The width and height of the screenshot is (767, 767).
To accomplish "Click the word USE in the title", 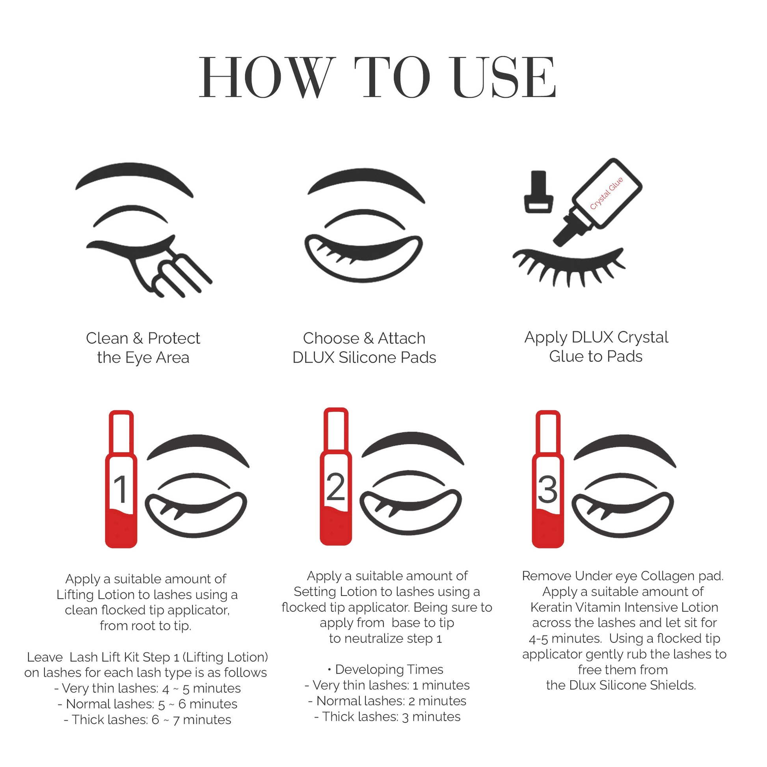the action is [504, 77].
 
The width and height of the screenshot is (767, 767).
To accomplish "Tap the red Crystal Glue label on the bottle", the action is [606, 194].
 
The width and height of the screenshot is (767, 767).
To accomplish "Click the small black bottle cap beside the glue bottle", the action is [538, 192].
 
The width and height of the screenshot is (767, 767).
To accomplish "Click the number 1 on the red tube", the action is [120, 489].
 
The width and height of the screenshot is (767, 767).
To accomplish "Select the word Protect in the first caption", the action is [174, 339].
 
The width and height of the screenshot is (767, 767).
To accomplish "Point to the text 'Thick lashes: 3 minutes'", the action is [387, 717].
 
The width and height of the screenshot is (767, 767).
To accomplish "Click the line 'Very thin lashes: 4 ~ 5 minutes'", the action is [148, 688].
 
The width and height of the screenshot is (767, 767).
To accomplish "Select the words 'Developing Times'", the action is [389, 669].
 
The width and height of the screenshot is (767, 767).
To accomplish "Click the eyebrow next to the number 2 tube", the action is [413, 447].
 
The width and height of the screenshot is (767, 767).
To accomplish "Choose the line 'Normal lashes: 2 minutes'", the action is [387, 701].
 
